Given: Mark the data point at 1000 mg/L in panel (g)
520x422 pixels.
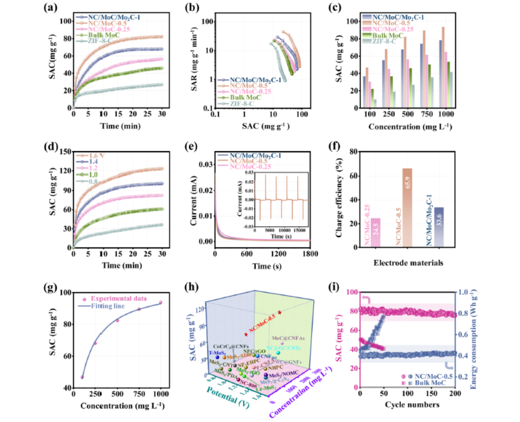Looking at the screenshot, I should pos(160,303).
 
